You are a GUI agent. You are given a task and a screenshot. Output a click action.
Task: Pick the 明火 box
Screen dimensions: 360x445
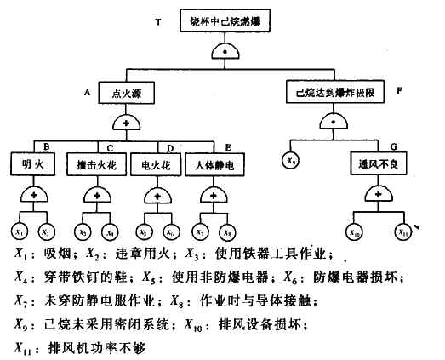pos(32,163)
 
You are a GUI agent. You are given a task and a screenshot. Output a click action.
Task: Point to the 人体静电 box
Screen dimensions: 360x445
pos(210,163)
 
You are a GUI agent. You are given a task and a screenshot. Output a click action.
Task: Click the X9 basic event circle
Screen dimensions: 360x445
pos(291,159)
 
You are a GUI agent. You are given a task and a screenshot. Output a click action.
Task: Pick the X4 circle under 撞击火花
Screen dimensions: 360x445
pos(108,231)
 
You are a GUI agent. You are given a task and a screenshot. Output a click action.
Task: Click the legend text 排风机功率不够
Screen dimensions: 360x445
pos(84,346)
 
